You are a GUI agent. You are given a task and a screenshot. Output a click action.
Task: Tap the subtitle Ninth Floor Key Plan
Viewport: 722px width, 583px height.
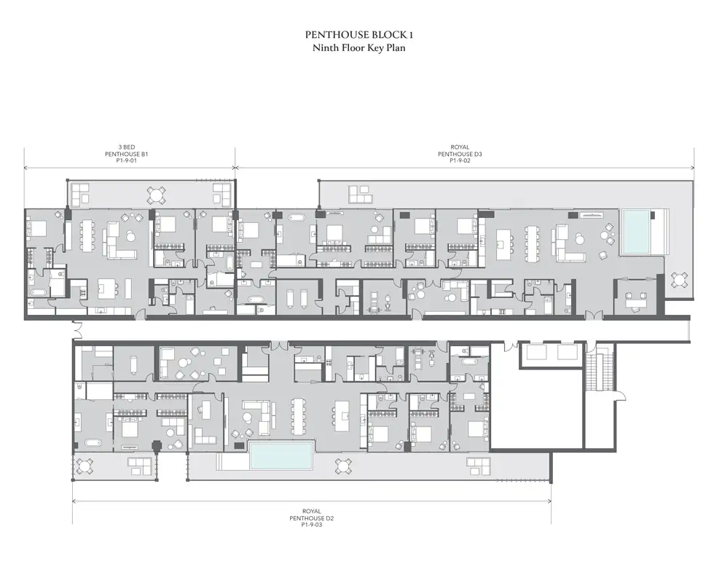358,48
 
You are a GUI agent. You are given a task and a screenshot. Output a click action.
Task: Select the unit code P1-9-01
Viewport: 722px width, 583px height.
127,161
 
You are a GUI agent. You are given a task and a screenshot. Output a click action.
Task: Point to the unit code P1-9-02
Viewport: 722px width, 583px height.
460,161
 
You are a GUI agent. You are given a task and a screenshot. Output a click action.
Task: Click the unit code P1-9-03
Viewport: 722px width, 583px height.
311,525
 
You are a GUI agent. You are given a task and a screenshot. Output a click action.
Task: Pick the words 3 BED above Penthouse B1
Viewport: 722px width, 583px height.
127,147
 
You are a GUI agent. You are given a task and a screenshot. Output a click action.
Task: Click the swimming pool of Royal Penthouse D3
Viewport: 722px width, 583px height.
636,232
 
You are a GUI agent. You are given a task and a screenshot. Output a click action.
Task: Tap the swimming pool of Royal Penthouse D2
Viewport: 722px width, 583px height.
281,455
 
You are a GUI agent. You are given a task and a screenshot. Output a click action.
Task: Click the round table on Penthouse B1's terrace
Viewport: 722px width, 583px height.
156,195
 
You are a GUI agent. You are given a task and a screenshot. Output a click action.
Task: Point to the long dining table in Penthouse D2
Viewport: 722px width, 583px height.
299,416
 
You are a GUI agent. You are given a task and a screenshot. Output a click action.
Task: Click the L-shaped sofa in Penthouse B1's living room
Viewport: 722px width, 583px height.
119,240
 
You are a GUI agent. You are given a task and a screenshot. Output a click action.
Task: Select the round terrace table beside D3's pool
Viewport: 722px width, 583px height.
679,280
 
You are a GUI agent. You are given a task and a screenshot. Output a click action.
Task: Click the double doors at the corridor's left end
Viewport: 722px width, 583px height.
77,329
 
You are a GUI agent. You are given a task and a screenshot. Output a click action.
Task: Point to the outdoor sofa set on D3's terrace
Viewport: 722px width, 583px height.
359,195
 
